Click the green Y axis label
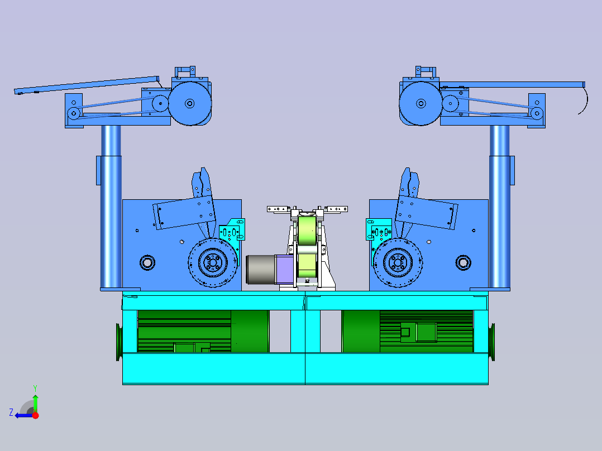point(35,388)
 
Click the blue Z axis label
point(11,412)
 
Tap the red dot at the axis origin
point(36,415)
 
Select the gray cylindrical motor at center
point(261,270)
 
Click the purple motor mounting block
point(285,270)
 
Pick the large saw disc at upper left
point(190,103)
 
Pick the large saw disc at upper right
point(421,103)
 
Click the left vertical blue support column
point(111,207)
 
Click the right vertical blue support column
point(499,207)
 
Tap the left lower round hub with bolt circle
point(213,263)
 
